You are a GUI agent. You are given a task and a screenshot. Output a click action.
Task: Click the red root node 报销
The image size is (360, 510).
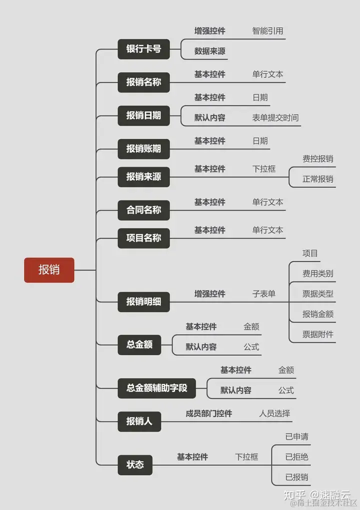(x=49, y=270)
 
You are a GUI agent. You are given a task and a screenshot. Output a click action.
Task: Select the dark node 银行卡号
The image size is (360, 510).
(x=143, y=49)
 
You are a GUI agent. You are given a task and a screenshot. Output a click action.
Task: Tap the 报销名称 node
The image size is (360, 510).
(x=143, y=82)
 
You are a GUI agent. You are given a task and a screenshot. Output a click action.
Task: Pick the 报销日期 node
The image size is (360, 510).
(x=143, y=115)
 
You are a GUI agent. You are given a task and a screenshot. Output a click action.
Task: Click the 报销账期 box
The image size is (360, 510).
(x=143, y=149)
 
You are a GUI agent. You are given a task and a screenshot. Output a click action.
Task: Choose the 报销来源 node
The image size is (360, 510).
(x=143, y=177)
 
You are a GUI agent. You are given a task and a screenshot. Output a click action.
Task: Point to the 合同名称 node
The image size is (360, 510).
(x=143, y=210)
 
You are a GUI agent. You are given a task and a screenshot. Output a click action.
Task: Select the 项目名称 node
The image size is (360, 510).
(x=143, y=238)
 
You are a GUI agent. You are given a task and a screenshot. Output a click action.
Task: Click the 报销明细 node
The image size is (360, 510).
(x=143, y=302)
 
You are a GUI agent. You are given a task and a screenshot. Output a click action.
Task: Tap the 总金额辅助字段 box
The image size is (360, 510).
(x=156, y=388)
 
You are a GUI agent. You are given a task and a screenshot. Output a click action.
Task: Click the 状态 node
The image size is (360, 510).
(x=135, y=465)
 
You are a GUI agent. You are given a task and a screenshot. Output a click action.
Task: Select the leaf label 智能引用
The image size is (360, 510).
(x=267, y=31)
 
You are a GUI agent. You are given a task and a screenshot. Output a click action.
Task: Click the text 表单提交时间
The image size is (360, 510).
(x=275, y=118)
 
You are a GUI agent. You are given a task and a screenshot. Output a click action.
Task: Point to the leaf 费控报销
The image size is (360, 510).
(x=317, y=159)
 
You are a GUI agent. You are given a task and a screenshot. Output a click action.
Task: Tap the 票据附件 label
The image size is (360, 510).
(x=317, y=334)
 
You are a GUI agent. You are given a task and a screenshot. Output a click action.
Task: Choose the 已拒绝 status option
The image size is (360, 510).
(x=296, y=457)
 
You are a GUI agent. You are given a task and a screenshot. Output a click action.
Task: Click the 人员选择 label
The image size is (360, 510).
(x=274, y=413)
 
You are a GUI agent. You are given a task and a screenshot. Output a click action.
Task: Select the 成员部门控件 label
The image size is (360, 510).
(x=209, y=413)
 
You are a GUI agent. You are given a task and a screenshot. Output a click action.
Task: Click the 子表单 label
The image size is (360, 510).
(x=264, y=294)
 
